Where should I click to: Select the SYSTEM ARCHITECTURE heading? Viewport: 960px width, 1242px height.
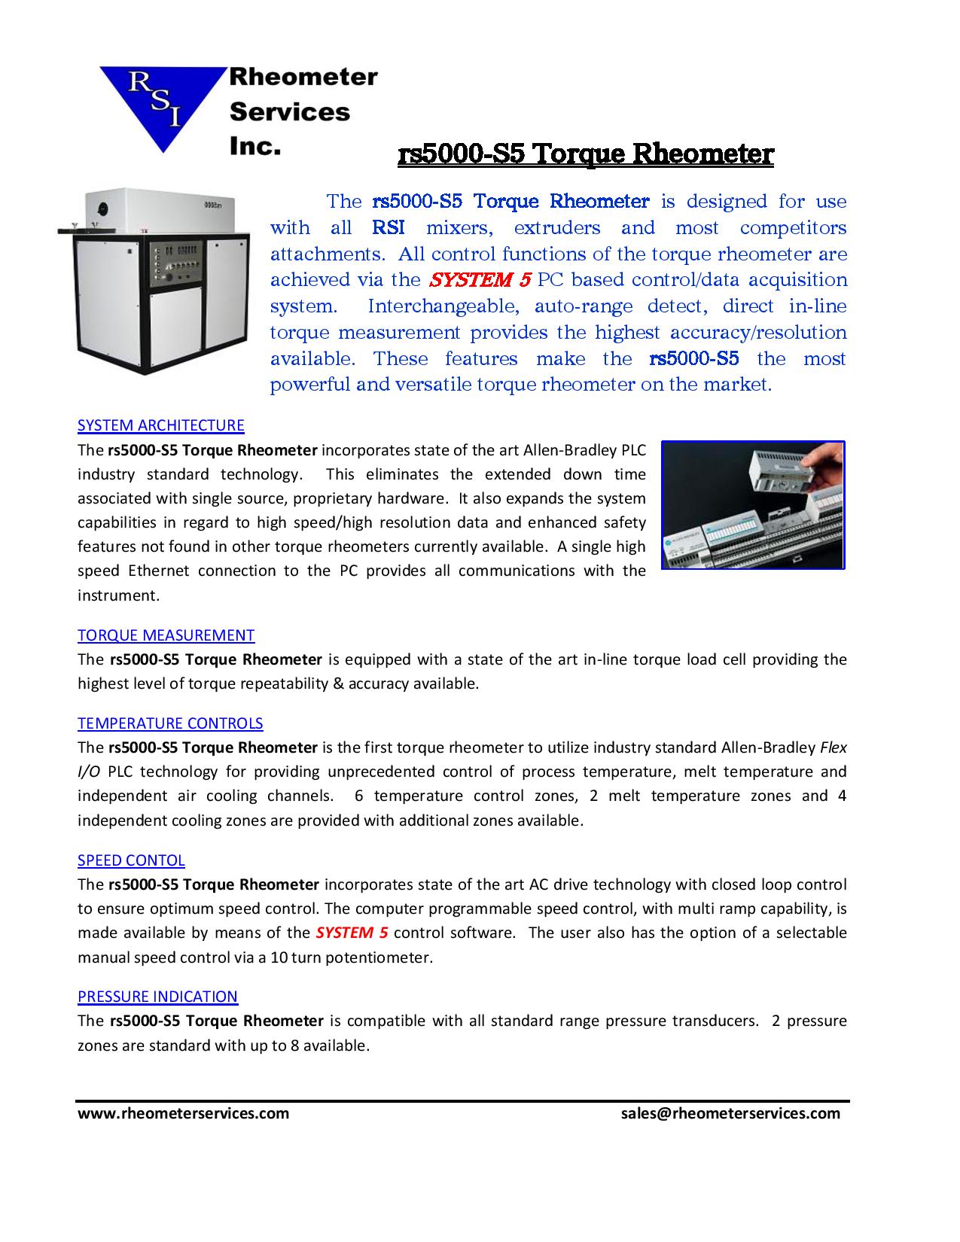coord(161,425)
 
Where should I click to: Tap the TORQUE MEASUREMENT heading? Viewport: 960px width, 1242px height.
coord(166,635)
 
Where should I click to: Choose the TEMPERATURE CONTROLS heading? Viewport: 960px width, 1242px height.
coord(170,723)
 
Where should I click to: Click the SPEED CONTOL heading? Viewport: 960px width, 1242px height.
coord(131,860)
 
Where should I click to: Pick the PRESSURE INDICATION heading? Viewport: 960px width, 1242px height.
coord(157,997)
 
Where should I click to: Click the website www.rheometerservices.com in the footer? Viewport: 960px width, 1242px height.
coord(183,1113)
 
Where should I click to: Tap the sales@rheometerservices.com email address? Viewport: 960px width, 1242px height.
coord(730,1113)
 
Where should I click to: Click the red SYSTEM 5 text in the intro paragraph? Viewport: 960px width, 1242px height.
coord(480,280)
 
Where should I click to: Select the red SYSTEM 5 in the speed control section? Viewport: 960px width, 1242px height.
coord(352,933)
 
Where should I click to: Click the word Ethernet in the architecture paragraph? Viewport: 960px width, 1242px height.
coord(159,571)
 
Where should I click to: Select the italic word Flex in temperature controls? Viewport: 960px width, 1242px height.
coord(833,747)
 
